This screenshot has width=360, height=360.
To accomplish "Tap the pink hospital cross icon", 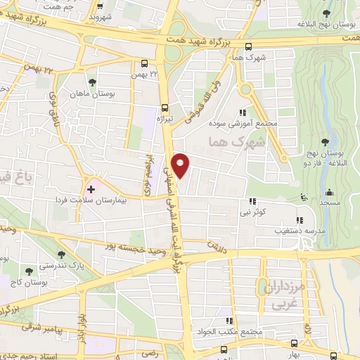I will coord(91,190).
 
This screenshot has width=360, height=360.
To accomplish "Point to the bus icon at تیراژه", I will coord(165,108).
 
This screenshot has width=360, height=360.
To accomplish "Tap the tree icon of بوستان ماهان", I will coord(92,83).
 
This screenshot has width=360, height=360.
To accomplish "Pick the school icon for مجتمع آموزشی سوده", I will coord(243,112).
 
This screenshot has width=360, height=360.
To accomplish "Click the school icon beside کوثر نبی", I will coord(252,200).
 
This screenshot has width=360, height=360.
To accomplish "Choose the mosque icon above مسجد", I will coord(328,192).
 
